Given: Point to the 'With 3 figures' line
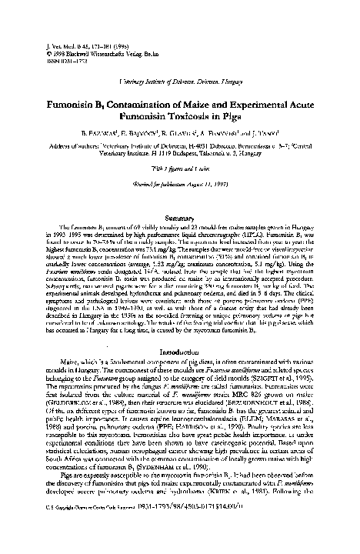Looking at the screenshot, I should coord(180,167).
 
